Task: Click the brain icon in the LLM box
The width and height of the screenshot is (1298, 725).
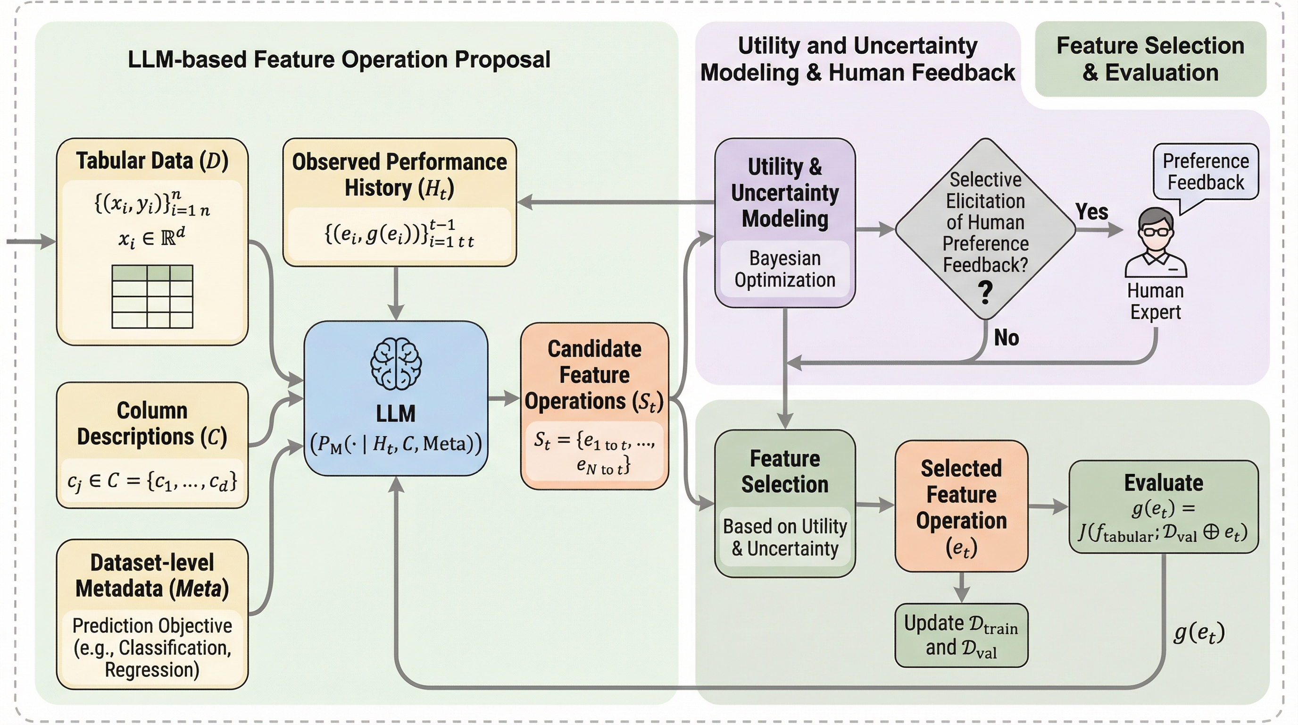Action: (x=396, y=363)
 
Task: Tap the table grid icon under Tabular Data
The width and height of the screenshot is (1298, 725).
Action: (x=152, y=296)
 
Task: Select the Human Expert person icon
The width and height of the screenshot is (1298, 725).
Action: (x=1156, y=244)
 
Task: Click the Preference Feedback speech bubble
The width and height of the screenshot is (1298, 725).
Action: (x=1205, y=172)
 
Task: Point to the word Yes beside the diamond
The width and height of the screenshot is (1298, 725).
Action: (x=1091, y=212)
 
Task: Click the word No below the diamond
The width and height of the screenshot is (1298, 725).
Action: (x=1006, y=338)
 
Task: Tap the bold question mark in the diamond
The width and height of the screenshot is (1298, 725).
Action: (x=985, y=293)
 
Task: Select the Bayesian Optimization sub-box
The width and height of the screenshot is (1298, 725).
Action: (x=784, y=269)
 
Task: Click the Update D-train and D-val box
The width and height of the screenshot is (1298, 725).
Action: (x=961, y=635)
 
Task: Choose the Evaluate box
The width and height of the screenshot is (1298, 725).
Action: (x=1164, y=506)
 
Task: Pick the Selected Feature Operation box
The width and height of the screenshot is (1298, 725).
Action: (x=961, y=506)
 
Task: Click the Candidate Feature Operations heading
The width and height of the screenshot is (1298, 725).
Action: (x=594, y=375)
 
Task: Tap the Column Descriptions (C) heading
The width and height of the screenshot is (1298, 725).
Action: (x=152, y=423)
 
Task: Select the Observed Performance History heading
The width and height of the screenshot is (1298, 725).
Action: (x=399, y=175)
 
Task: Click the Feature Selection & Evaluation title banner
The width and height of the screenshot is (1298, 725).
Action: (x=1150, y=59)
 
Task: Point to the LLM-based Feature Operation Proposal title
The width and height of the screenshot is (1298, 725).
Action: (x=339, y=59)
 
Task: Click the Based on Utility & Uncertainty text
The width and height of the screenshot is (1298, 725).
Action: (x=784, y=538)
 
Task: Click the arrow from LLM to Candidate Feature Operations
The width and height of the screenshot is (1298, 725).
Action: (x=503, y=398)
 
